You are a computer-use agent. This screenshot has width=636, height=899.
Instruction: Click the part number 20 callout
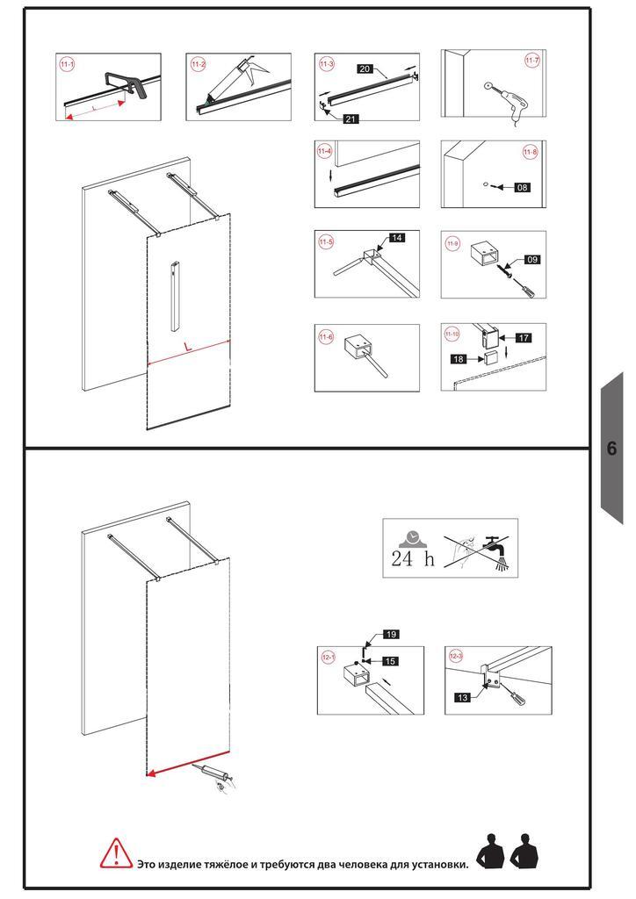click(365, 68)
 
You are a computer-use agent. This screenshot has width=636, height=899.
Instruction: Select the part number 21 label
click(351, 119)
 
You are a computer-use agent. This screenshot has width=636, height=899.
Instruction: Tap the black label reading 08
click(522, 188)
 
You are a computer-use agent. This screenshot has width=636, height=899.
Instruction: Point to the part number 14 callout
click(397, 237)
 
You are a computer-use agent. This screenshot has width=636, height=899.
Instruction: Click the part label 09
click(532, 260)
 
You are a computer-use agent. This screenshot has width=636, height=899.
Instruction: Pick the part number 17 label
click(524, 338)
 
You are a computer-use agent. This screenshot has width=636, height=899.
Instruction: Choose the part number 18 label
click(459, 359)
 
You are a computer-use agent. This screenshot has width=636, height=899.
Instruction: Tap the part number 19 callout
click(391, 634)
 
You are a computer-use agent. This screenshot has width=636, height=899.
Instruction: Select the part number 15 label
click(390, 661)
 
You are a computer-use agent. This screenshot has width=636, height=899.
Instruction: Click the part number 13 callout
click(462, 697)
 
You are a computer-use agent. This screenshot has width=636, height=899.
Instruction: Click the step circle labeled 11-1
click(67, 64)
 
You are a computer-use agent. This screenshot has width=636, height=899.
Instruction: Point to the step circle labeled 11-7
click(532, 61)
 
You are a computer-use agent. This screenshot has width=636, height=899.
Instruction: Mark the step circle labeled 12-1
click(329, 657)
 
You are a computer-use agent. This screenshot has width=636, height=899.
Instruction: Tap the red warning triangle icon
click(117, 852)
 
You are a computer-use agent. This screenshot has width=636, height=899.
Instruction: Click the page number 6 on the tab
click(611, 449)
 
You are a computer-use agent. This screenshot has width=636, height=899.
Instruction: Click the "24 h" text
click(413, 557)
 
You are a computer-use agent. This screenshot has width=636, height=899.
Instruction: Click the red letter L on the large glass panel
click(188, 346)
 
